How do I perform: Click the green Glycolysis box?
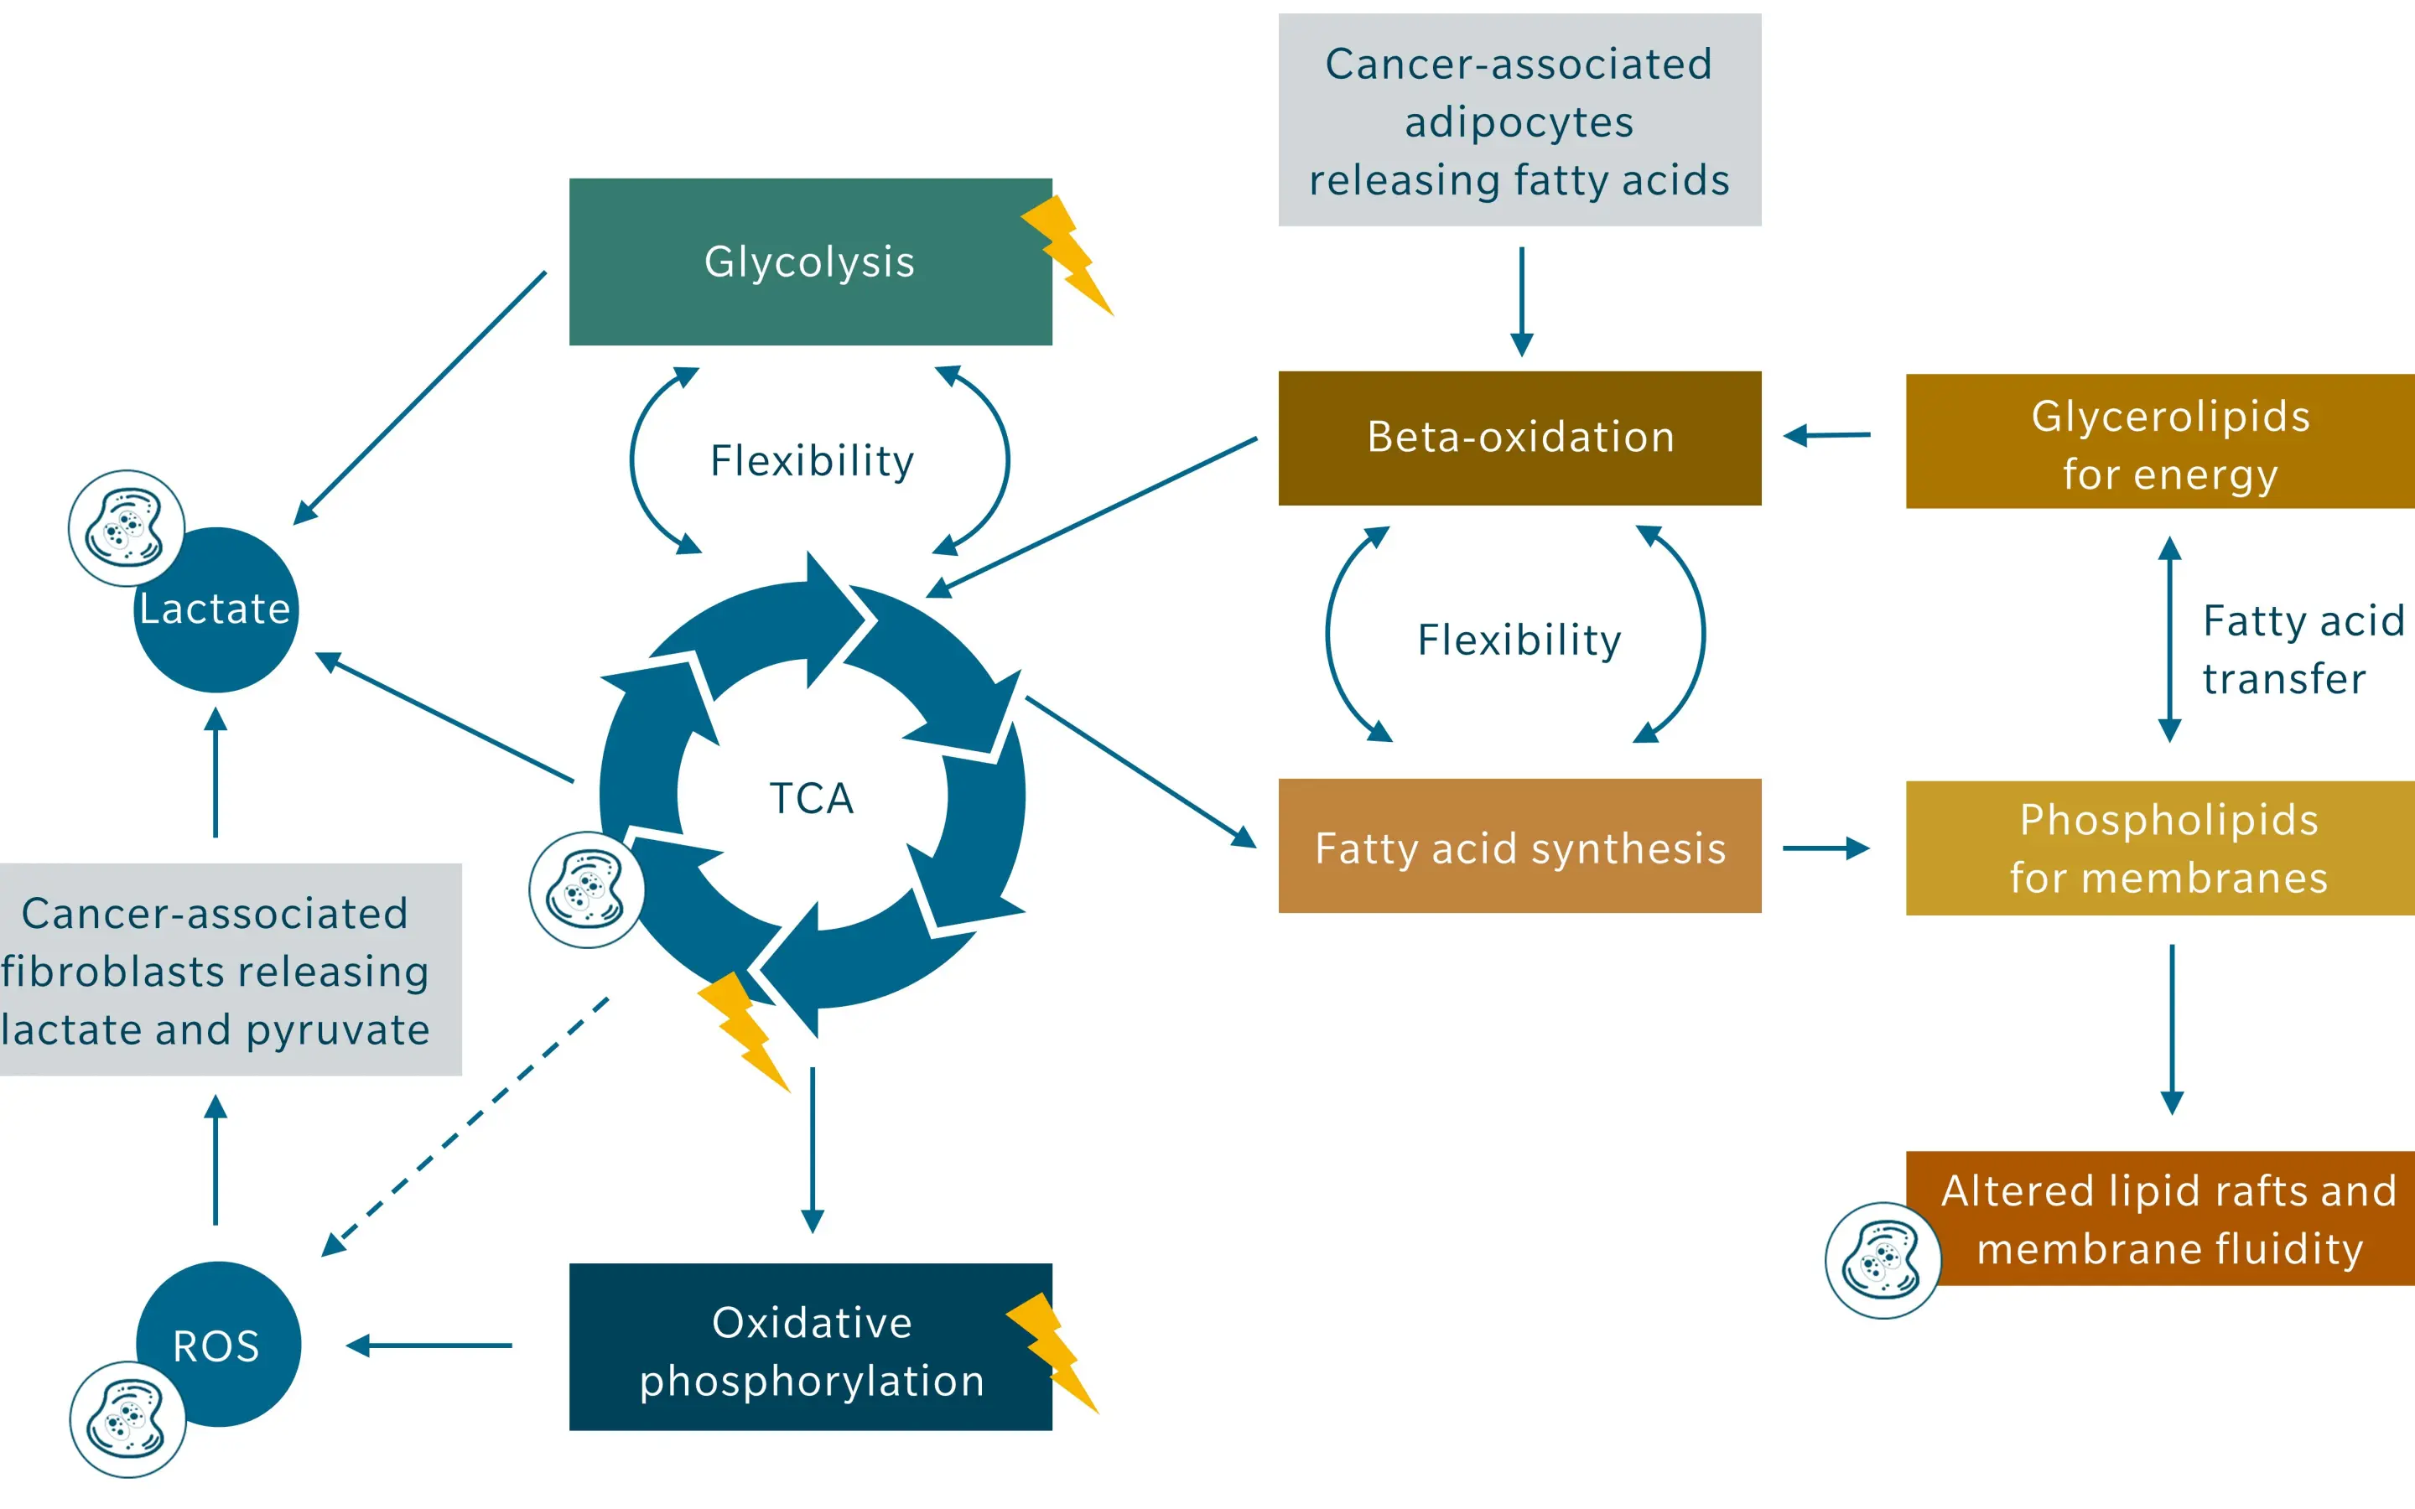click(809, 262)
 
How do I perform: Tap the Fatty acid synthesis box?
click(1519, 847)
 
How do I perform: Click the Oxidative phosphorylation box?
click(809, 1347)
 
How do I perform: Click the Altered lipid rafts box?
click(2169, 1219)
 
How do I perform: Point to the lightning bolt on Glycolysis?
click(1067, 255)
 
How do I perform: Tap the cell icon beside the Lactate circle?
click(126, 528)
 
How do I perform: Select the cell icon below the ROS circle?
click(127, 1418)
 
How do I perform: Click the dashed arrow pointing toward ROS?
click(464, 1127)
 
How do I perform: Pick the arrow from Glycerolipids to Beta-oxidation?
click(1826, 435)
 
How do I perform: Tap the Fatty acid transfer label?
click(2301, 649)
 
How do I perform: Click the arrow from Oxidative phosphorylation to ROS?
click(429, 1346)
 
